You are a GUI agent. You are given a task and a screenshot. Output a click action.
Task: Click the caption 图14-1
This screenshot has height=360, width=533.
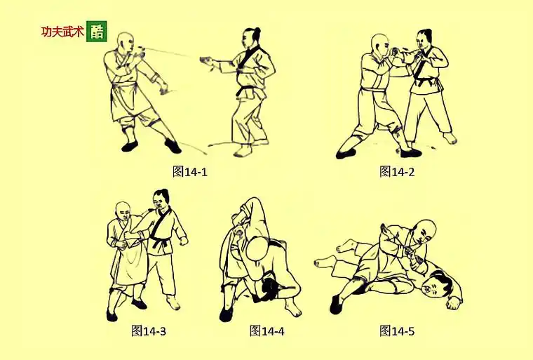click(x=190, y=171)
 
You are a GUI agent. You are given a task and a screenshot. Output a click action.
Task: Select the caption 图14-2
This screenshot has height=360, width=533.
click(x=397, y=171)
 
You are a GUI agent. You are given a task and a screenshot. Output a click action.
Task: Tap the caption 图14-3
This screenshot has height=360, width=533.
click(x=148, y=330)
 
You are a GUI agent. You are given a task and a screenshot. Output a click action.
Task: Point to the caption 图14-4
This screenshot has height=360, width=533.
click(x=267, y=330)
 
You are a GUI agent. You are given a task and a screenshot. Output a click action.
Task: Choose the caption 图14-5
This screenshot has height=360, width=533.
click(x=397, y=330)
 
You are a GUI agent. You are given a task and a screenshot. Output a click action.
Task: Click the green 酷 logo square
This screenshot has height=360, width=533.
click(x=97, y=32)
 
